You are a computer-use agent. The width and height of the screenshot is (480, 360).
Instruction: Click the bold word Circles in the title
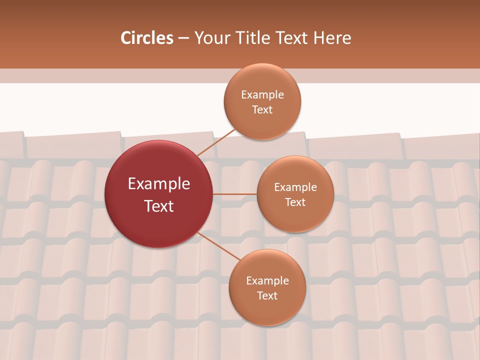point(147,38)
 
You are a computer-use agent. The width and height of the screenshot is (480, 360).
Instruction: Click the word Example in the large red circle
point(159,184)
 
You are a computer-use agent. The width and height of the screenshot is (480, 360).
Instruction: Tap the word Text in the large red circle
point(159,206)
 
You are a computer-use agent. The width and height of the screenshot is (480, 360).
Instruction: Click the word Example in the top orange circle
point(262,95)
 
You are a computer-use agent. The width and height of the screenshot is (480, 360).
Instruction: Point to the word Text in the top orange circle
point(262,110)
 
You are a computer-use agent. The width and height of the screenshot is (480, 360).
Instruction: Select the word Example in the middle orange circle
point(295,187)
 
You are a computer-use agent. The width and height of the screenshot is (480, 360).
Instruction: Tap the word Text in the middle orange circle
point(295,202)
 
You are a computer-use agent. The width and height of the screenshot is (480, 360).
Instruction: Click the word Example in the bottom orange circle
point(267,281)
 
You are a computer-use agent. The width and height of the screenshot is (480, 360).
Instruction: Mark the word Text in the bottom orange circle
point(267,296)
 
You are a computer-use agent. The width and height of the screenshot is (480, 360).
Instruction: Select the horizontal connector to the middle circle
point(235,194)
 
